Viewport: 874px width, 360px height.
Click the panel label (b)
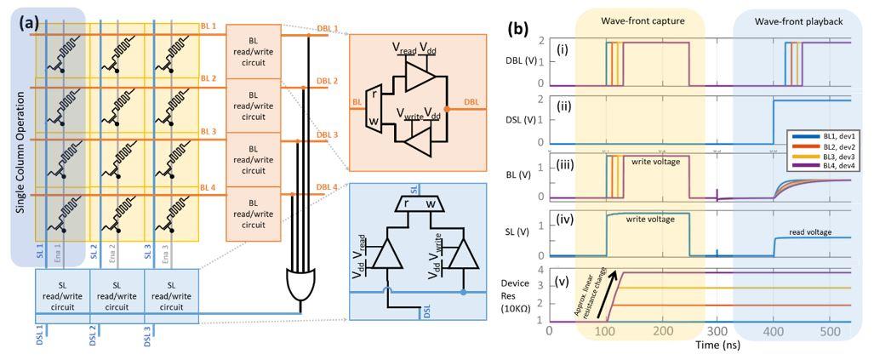point(519,27)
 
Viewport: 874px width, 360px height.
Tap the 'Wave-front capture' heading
point(640,20)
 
